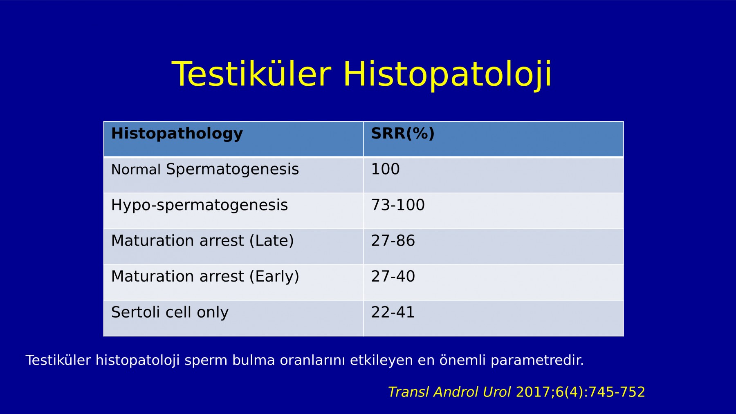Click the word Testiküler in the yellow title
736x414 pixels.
click(x=251, y=74)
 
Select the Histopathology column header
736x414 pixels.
click(x=177, y=134)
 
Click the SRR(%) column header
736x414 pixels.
click(x=403, y=133)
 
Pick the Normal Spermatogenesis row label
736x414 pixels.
click(x=205, y=169)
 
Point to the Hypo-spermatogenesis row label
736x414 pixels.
click(x=200, y=205)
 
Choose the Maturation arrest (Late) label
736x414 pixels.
click(x=202, y=241)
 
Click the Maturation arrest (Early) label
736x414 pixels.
click(x=205, y=277)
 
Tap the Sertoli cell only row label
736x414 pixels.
click(x=170, y=312)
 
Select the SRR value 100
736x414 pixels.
click(x=385, y=169)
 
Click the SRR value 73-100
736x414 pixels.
click(x=398, y=205)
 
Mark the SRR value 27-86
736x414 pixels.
click(x=393, y=241)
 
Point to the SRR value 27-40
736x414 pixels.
click(x=393, y=277)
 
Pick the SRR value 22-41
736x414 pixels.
click(x=393, y=312)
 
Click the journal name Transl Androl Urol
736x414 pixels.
click(x=449, y=392)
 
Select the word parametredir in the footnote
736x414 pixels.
click(x=537, y=360)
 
